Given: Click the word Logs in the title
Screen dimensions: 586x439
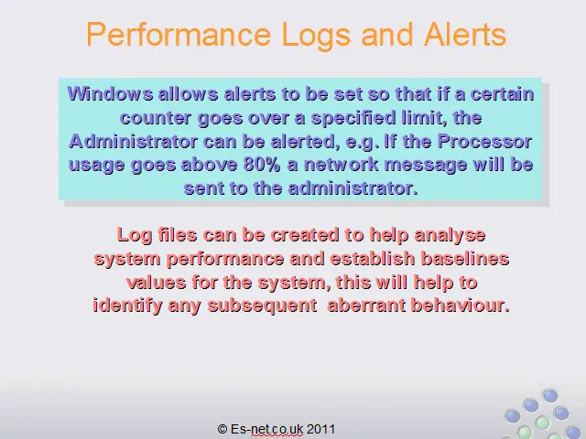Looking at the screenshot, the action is pyautogui.click(x=315, y=35).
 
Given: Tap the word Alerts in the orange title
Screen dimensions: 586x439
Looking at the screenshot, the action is pyautogui.click(x=464, y=34).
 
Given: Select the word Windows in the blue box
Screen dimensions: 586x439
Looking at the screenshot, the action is pyautogui.click(x=110, y=93).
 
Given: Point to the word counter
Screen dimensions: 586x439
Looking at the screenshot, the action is pyautogui.click(x=156, y=118).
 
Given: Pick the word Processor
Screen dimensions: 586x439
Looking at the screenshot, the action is pyautogui.click(x=484, y=142).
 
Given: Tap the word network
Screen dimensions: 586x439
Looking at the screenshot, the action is pyautogui.click(x=342, y=165).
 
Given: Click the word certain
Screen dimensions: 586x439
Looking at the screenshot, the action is pyautogui.click(x=502, y=93).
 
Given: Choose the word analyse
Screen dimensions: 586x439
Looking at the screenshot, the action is pyautogui.click(x=450, y=236).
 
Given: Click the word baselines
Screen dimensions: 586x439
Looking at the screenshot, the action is pyautogui.click(x=464, y=258).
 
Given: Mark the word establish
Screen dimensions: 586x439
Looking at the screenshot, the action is pyautogui.click(x=373, y=258).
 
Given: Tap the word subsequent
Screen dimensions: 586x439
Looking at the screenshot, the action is pyautogui.click(x=263, y=305).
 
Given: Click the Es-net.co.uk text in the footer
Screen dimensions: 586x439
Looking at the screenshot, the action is pyautogui.click(x=266, y=429).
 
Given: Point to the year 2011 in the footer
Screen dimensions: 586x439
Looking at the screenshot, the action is pyautogui.click(x=321, y=429).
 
